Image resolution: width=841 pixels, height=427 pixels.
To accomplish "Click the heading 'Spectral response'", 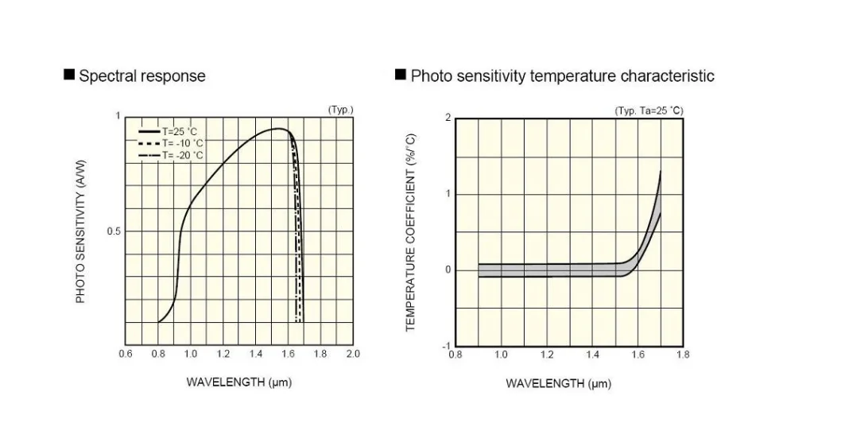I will click(141, 76).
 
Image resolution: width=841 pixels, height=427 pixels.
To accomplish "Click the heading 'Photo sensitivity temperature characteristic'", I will click(562, 76).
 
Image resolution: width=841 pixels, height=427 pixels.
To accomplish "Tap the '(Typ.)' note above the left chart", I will click(340, 110).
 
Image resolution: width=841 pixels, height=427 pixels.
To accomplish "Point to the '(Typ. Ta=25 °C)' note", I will click(649, 111).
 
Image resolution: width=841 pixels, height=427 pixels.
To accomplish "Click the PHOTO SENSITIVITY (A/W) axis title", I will click(80, 231).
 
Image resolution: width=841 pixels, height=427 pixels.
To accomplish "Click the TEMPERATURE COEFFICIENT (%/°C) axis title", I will click(411, 231).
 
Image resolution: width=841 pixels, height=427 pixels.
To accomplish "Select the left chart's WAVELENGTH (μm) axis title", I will click(239, 382).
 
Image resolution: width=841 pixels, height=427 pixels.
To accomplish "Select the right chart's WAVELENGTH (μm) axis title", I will click(559, 383).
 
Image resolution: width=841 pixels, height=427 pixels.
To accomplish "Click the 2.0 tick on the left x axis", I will click(352, 354).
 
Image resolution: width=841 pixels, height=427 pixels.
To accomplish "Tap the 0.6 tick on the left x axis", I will click(126, 354).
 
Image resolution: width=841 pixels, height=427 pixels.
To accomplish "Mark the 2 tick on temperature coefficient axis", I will click(448, 118).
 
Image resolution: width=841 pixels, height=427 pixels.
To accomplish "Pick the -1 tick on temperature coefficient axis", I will click(447, 346).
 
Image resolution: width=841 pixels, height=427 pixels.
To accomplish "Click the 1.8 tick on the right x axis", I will click(683, 355).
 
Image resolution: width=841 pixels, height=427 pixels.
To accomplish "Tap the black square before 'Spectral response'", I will click(69, 76).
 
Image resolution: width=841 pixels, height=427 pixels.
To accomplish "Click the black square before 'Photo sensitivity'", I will click(401, 76).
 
